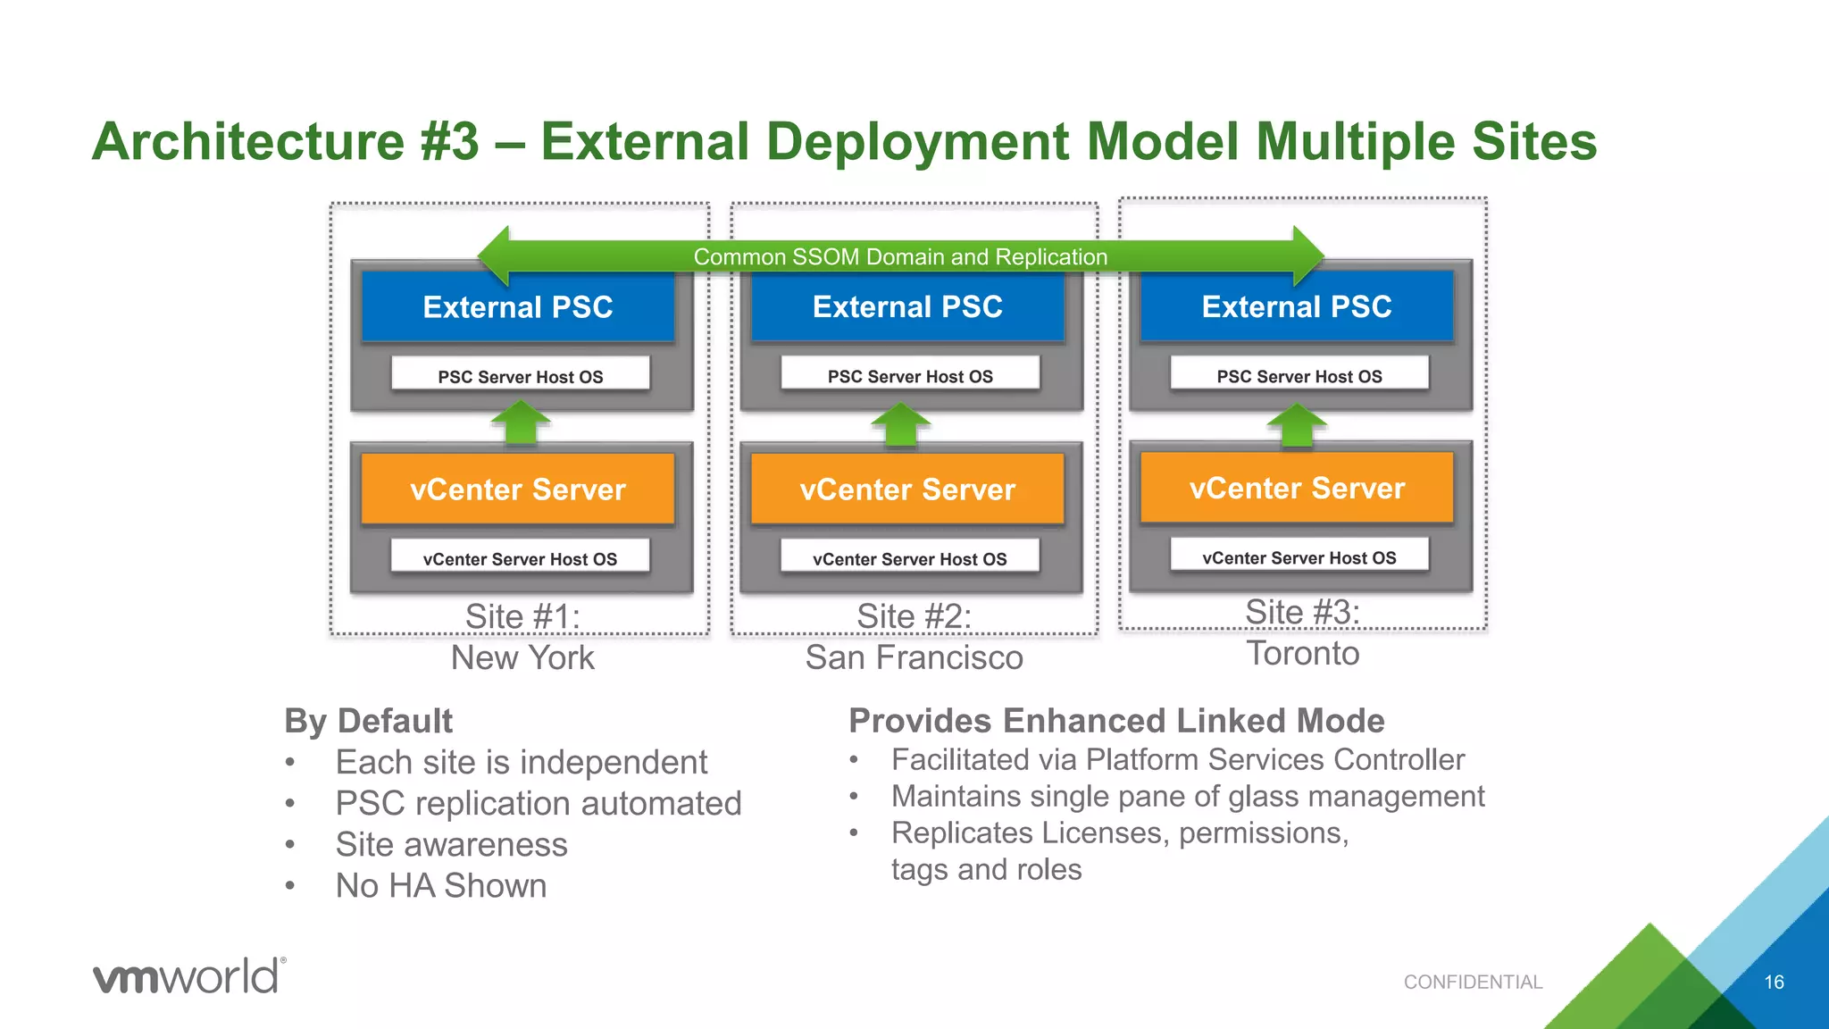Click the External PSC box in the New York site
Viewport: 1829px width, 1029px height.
pyautogui.click(x=517, y=307)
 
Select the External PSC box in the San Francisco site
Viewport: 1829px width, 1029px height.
pyautogui.click(x=907, y=307)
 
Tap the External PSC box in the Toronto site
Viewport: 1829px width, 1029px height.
pyautogui.click(x=1297, y=307)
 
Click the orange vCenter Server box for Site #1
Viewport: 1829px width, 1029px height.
pyautogui.click(x=517, y=489)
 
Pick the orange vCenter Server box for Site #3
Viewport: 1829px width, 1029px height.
pyautogui.click(x=1297, y=488)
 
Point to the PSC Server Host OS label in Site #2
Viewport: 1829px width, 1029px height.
pyautogui.click(x=910, y=376)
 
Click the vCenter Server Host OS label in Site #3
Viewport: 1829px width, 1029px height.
pyautogui.click(x=1299, y=557)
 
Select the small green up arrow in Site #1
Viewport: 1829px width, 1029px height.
pyautogui.click(x=521, y=422)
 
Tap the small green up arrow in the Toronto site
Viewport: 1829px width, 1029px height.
pyautogui.click(x=1297, y=425)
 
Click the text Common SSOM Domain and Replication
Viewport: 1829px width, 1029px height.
pyautogui.click(x=900, y=257)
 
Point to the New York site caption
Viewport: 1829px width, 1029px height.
pyautogui.click(x=522, y=657)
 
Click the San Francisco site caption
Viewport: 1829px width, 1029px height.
pyautogui.click(x=914, y=657)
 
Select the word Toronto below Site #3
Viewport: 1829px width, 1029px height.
pyautogui.click(x=1302, y=653)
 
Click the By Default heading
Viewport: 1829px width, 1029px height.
pyautogui.click(x=368, y=721)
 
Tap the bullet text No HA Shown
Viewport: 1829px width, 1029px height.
pyautogui.click(x=441, y=885)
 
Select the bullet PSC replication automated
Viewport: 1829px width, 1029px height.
pyautogui.click(x=539, y=803)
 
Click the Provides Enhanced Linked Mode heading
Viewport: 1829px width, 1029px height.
pyautogui.click(x=1116, y=721)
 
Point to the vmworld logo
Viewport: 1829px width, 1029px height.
pyautogui.click(x=189, y=975)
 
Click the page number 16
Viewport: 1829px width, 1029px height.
pyautogui.click(x=1774, y=982)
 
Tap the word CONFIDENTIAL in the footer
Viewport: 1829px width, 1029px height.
pyautogui.click(x=1473, y=982)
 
